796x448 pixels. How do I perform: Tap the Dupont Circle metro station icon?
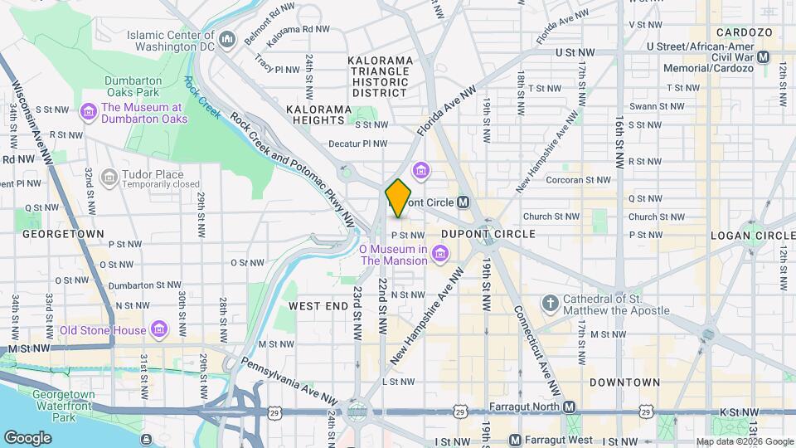pyautogui.click(x=464, y=202)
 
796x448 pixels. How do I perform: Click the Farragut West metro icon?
pyautogui.click(x=515, y=440)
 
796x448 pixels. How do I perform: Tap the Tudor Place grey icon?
pyautogui.click(x=108, y=178)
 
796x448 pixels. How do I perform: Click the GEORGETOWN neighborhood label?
pyautogui.click(x=63, y=234)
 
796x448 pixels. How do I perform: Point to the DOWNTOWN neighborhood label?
pyautogui.click(x=624, y=382)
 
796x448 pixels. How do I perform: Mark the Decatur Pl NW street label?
pyautogui.click(x=357, y=144)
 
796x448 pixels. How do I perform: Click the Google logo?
pyautogui.click(x=27, y=437)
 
